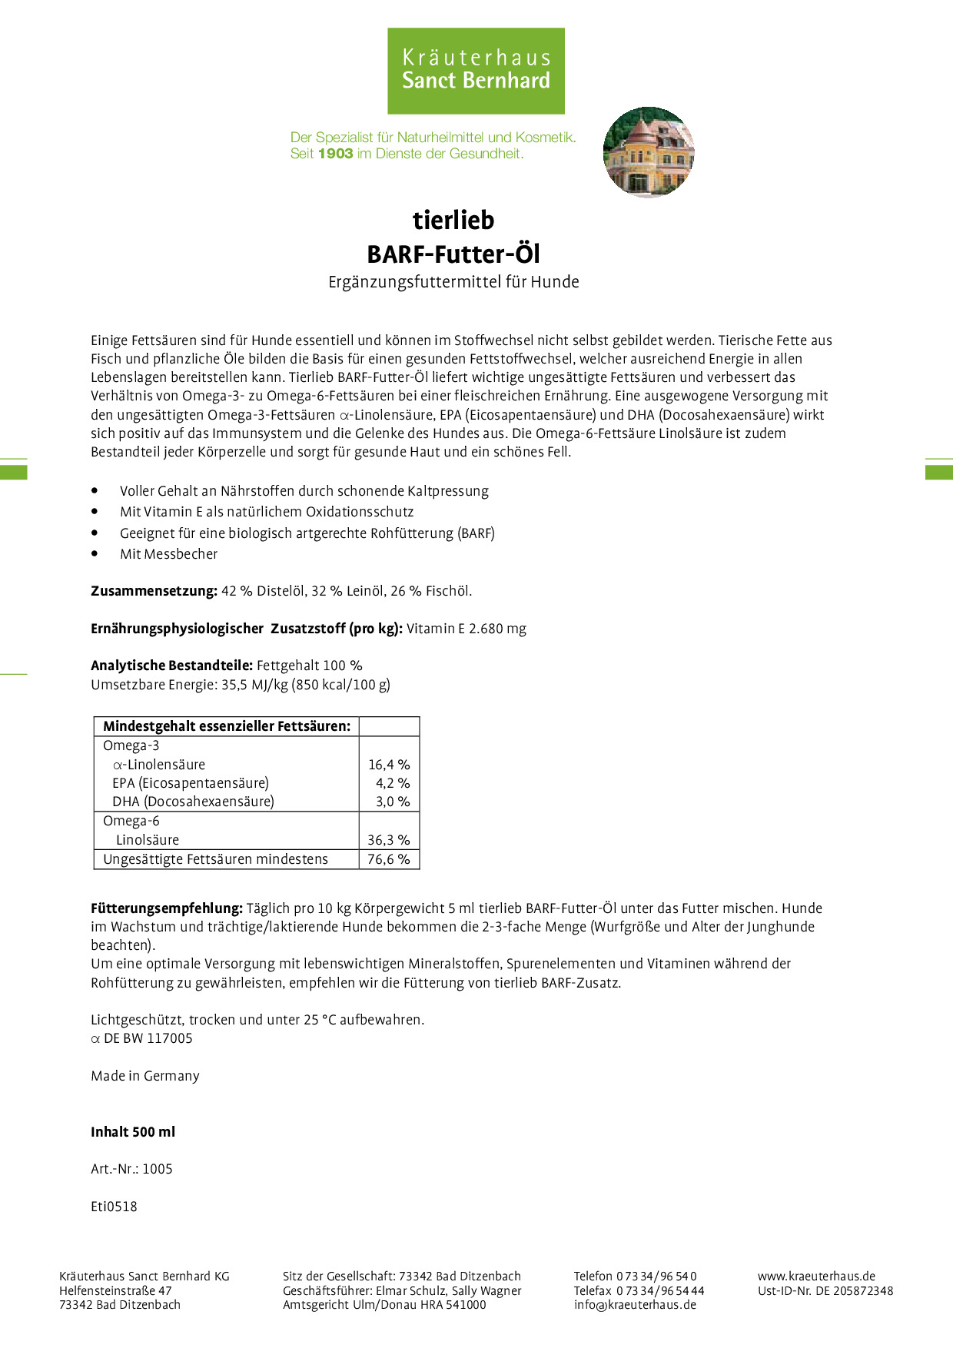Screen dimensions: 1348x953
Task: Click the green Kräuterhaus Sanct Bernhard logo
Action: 476,71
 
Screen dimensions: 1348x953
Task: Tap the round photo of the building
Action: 648,151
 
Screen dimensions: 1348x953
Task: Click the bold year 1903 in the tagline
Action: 335,154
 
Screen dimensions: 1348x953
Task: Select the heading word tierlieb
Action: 453,221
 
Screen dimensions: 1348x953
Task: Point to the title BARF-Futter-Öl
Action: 453,254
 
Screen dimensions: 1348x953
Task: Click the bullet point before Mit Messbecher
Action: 95,553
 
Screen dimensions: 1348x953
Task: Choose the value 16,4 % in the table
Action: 389,765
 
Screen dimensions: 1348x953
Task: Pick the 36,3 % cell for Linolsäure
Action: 389,840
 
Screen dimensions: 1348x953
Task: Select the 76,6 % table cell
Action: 389,859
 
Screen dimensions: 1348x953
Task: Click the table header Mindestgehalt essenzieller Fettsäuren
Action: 227,726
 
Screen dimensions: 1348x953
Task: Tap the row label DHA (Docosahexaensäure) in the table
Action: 193,802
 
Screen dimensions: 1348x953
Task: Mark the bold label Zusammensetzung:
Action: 154,591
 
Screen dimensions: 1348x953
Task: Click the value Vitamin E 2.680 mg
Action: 467,629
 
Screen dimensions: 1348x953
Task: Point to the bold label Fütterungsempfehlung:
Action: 167,908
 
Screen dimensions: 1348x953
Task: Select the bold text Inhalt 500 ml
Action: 133,1132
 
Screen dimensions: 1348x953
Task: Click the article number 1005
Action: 158,1169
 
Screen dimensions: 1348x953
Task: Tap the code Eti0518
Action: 114,1207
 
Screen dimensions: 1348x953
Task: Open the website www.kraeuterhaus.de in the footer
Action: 816,1277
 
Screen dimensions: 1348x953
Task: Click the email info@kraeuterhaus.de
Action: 635,1305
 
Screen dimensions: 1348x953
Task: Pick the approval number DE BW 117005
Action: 148,1038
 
